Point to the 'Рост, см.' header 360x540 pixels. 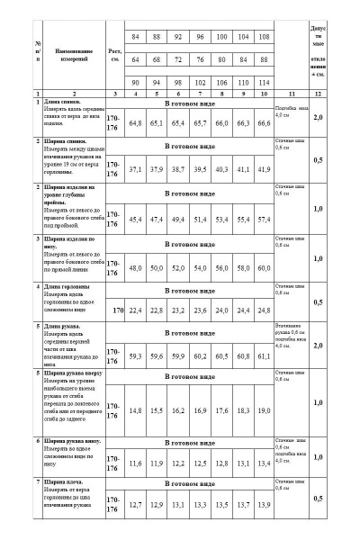tap(113, 55)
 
